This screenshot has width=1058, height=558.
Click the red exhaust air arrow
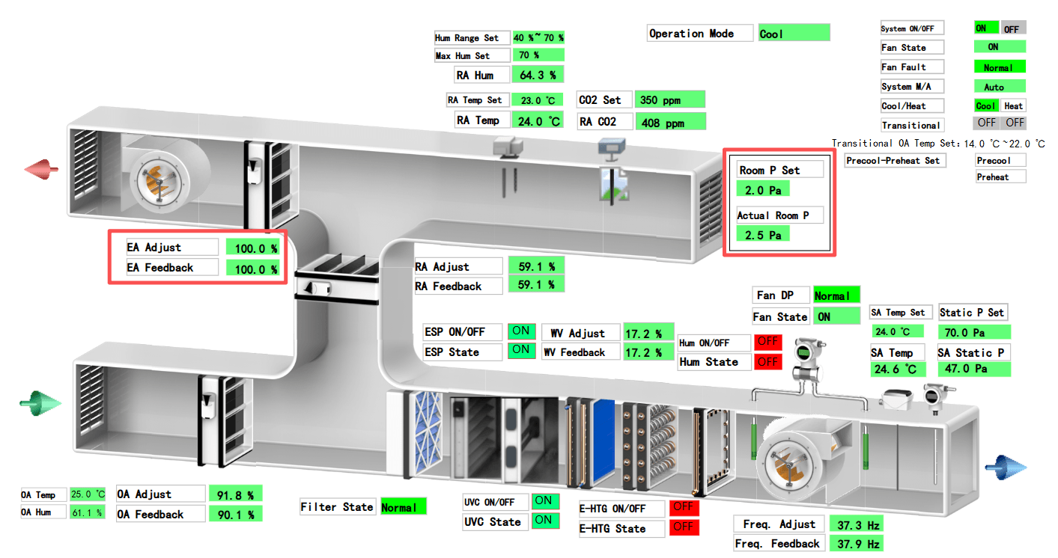pyautogui.click(x=42, y=170)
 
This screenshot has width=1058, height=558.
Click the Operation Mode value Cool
pyautogui.click(x=794, y=33)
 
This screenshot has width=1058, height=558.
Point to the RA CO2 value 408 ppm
pyautogui.click(x=670, y=122)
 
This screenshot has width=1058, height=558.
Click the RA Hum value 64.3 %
pyautogui.click(x=538, y=75)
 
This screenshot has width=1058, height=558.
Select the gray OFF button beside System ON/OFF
pyautogui.click(x=1012, y=28)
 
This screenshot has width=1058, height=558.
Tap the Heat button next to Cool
pyautogui.click(x=1013, y=106)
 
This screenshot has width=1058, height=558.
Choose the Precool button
pyautogui.click(x=1000, y=160)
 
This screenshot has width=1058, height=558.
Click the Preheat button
pyautogui.click(x=1000, y=177)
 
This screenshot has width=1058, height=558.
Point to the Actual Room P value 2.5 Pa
pyautogui.click(x=763, y=235)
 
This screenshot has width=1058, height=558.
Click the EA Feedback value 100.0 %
pyautogui.click(x=255, y=269)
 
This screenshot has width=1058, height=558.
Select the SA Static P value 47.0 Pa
pyautogui.click(x=973, y=369)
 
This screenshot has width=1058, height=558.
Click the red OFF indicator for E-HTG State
pyautogui.click(x=682, y=527)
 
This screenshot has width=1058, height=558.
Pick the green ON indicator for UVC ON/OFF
pyautogui.click(x=545, y=501)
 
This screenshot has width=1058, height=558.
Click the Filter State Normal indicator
pyautogui.click(x=403, y=507)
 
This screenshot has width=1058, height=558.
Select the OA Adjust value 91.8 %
pyautogui.click(x=235, y=494)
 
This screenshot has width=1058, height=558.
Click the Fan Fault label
pyautogui.click(x=912, y=67)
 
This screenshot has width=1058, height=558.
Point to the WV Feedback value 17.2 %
pyautogui.click(x=644, y=352)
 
